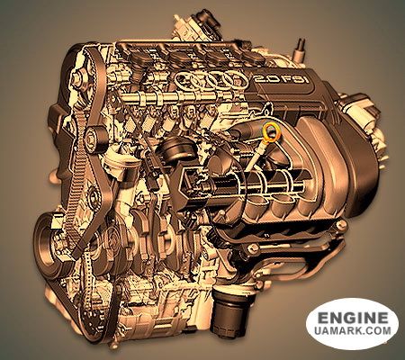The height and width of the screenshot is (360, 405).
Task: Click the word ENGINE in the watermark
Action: pos(353,318)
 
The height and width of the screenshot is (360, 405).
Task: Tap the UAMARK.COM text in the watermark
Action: pos(353,330)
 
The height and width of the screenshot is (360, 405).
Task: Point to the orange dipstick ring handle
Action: pos(271,132)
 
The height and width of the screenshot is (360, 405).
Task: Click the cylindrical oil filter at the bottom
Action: pos(229,311)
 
